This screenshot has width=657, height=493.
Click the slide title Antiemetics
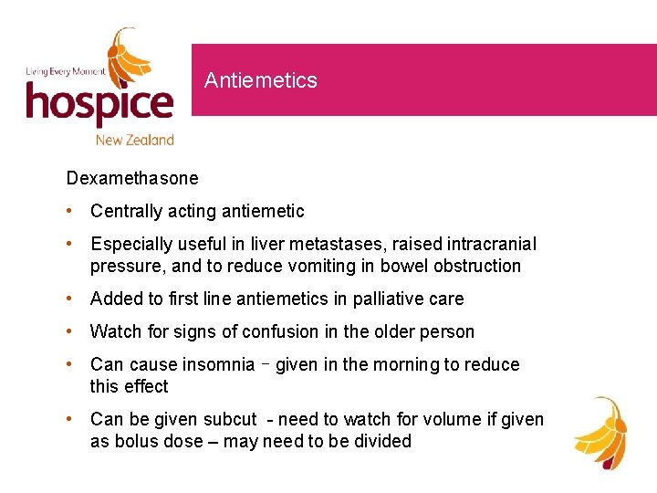pos(260,80)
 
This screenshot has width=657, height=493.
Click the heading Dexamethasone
pos(131,178)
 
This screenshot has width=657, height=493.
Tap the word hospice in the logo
pos(99,102)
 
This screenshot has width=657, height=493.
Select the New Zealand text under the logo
pos(135,140)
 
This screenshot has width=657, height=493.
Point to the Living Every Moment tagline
pos(65,71)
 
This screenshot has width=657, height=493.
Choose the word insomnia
pos(218,365)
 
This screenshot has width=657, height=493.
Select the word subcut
pos(228,420)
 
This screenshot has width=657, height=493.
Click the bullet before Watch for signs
pos(71,332)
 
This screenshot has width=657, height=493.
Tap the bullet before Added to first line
pos(71,299)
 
